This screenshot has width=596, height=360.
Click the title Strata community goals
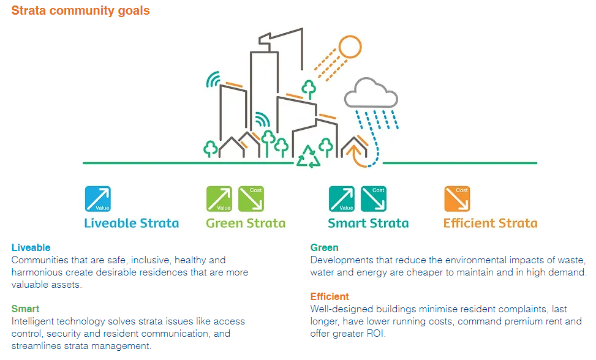coord(80,10)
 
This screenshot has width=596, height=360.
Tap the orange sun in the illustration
coord(350,47)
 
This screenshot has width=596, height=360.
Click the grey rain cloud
coord(371,94)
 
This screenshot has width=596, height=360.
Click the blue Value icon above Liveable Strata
coord(97,199)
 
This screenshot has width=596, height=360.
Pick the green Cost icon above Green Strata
coord(251,199)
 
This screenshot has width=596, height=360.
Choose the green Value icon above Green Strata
coord(219,199)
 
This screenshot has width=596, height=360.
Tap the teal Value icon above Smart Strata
coord(342,199)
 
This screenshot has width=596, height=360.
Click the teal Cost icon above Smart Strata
coord(373,199)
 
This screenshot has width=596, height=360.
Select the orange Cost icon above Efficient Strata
coord(457,199)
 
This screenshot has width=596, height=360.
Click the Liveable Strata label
coord(132,223)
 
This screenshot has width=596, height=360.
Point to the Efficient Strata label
coord(490,223)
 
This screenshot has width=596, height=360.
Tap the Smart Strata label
coord(368,223)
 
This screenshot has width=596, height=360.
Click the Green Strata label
coord(246,223)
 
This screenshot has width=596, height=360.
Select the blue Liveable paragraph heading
coord(31,248)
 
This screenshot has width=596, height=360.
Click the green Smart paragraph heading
coord(25,309)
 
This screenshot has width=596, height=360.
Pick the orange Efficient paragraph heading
coord(330,297)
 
